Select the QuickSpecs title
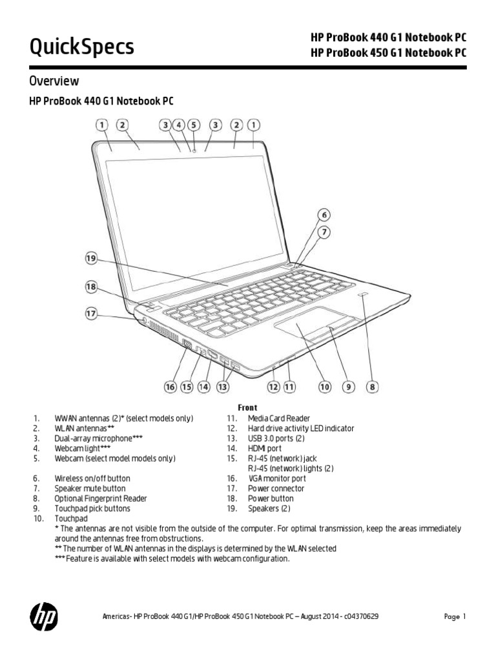(82, 46)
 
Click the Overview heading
(54, 81)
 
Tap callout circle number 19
(92, 259)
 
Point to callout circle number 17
(92, 314)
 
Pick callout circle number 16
(170, 387)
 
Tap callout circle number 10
(324, 387)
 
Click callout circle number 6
(324, 215)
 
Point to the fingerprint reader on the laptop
(364, 296)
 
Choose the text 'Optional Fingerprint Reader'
(101, 498)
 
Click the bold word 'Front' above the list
(248, 408)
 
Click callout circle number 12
(273, 387)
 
